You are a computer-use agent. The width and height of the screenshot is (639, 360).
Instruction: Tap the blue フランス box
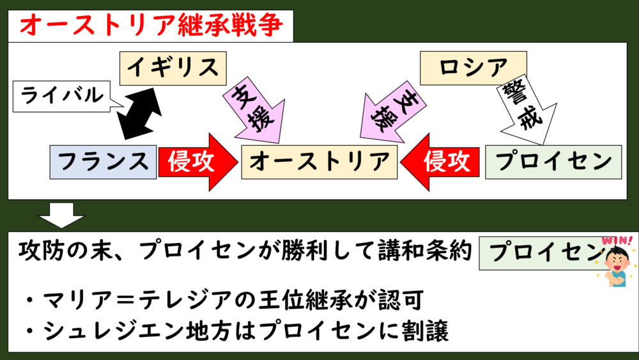[x=103, y=160]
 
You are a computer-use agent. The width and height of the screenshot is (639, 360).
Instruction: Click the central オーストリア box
[x=319, y=160]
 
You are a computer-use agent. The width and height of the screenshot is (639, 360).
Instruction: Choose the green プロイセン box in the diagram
[x=553, y=160]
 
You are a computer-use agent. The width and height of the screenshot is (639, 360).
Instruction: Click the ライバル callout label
[x=62, y=97]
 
